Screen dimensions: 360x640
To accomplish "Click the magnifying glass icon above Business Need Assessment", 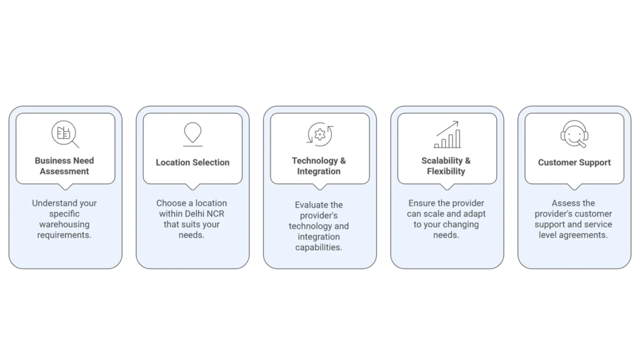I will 65,134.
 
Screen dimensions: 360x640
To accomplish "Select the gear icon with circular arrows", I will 319,134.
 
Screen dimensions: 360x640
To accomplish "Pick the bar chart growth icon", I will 447,134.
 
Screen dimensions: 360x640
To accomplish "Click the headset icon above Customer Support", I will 574,134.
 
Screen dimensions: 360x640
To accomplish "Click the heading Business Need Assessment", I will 64,166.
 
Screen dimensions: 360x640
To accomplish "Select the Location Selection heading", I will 192,162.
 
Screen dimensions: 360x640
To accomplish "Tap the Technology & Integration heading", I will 319,166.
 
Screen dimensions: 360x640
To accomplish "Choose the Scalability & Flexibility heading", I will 446,166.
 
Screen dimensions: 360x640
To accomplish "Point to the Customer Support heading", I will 574,162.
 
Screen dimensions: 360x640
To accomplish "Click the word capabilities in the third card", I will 319,247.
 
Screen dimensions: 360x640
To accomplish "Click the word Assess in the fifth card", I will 565,203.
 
